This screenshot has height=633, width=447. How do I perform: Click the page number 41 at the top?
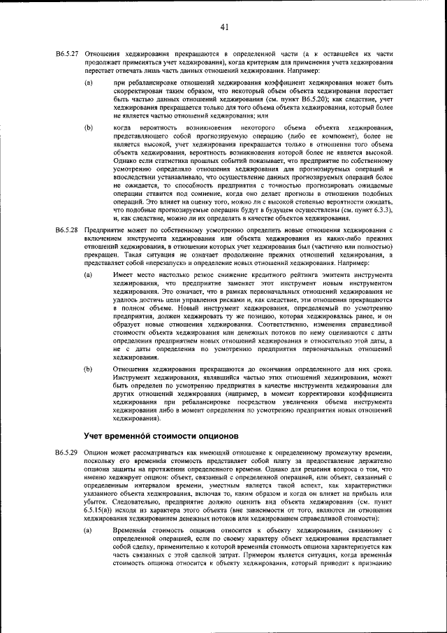click(x=224, y=27)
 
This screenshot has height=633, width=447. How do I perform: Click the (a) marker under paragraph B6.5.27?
click(x=88, y=83)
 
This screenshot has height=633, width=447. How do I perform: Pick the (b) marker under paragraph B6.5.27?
click(x=88, y=127)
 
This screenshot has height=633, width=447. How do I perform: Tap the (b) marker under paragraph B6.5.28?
click(x=88, y=367)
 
